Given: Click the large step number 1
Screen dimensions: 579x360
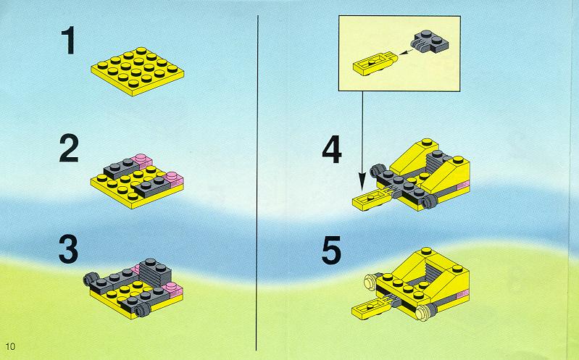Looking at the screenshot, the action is point(69,41).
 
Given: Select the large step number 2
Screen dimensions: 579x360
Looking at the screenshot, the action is point(69,148).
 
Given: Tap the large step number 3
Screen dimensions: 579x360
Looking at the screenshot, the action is point(69,249).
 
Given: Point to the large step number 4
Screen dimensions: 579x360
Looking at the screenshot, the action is point(332,149).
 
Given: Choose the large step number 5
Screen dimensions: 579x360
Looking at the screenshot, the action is point(331,251).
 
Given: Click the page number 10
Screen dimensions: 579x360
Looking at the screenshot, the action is point(11,346).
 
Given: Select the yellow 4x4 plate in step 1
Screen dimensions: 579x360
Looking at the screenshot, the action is point(138,71).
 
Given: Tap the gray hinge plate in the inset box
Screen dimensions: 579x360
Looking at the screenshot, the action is point(430,41).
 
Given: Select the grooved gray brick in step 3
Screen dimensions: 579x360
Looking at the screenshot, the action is point(155,272).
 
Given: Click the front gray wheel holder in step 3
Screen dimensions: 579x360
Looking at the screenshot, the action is point(142,310).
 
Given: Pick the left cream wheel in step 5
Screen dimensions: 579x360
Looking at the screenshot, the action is point(370,282).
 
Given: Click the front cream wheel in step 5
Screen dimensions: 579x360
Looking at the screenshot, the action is point(423,313).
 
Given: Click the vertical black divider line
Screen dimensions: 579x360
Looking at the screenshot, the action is point(257,183).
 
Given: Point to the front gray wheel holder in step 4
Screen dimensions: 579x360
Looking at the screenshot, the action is point(430,201).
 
